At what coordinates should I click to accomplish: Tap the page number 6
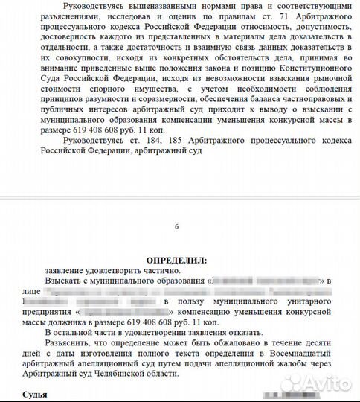[176, 226]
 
